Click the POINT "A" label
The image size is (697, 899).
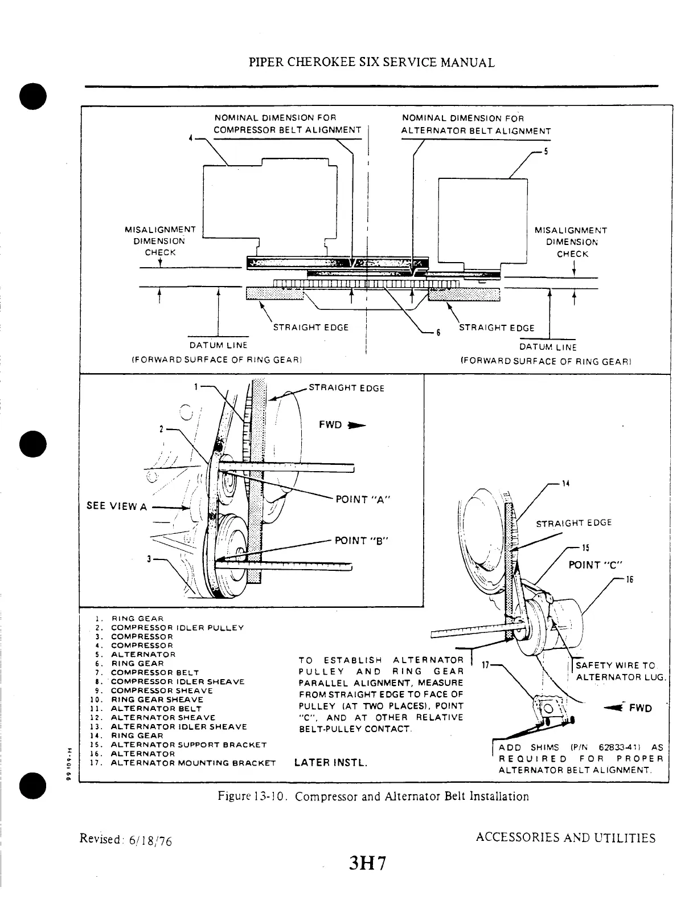(x=362, y=500)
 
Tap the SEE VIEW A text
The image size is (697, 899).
(x=117, y=506)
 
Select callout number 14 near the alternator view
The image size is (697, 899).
(x=565, y=484)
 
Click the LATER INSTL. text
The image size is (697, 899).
(x=331, y=762)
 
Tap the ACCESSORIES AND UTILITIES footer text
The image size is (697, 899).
(x=565, y=837)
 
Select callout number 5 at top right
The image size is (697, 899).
(x=546, y=152)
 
